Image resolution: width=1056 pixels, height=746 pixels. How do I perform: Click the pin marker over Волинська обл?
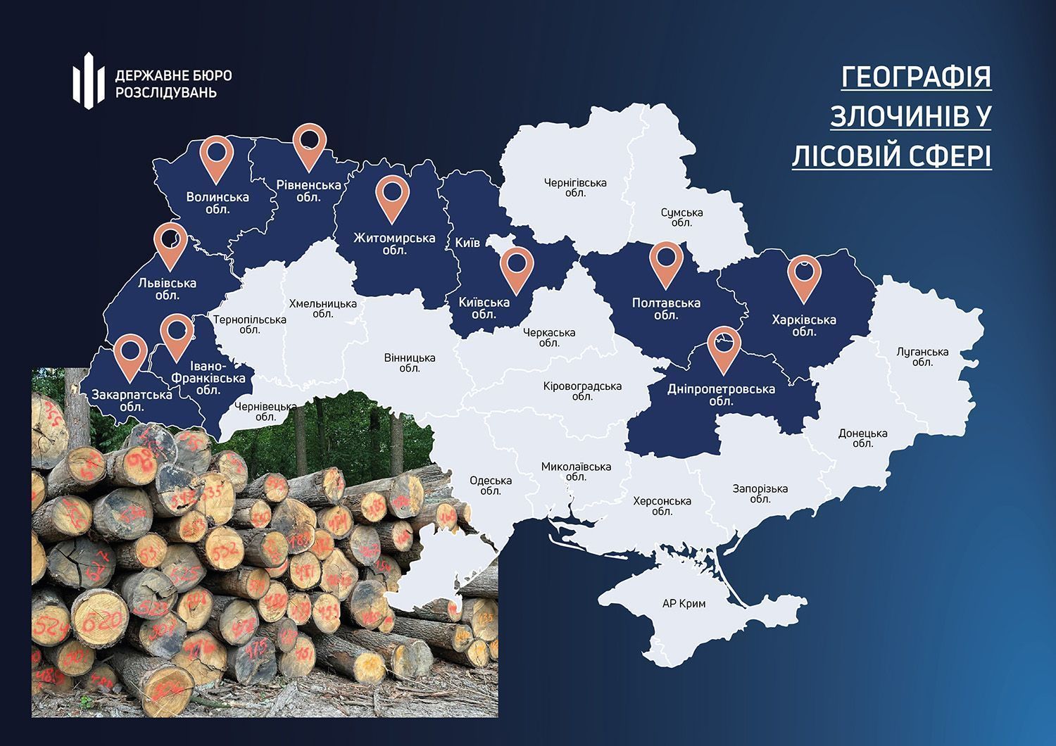click(x=218, y=159)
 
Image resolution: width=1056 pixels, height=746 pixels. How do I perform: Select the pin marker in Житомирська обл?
click(x=392, y=198)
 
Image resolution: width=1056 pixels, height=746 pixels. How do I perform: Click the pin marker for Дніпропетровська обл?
click(x=724, y=348)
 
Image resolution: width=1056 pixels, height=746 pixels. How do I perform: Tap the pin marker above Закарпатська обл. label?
click(x=130, y=356)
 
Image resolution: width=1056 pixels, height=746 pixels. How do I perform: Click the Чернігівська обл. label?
click(x=575, y=187)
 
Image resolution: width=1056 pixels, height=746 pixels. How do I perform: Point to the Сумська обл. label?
click(x=681, y=217)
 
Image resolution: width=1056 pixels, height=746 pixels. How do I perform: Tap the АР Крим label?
click(x=684, y=603)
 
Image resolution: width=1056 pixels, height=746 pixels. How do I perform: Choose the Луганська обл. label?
click(x=922, y=357)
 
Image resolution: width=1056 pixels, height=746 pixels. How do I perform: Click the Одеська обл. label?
click(x=491, y=486)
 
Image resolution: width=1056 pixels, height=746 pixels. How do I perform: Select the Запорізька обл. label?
click(x=760, y=493)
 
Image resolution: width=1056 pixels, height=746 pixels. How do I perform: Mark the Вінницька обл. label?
click(x=410, y=362)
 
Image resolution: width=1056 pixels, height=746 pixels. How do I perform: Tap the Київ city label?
click(x=467, y=243)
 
